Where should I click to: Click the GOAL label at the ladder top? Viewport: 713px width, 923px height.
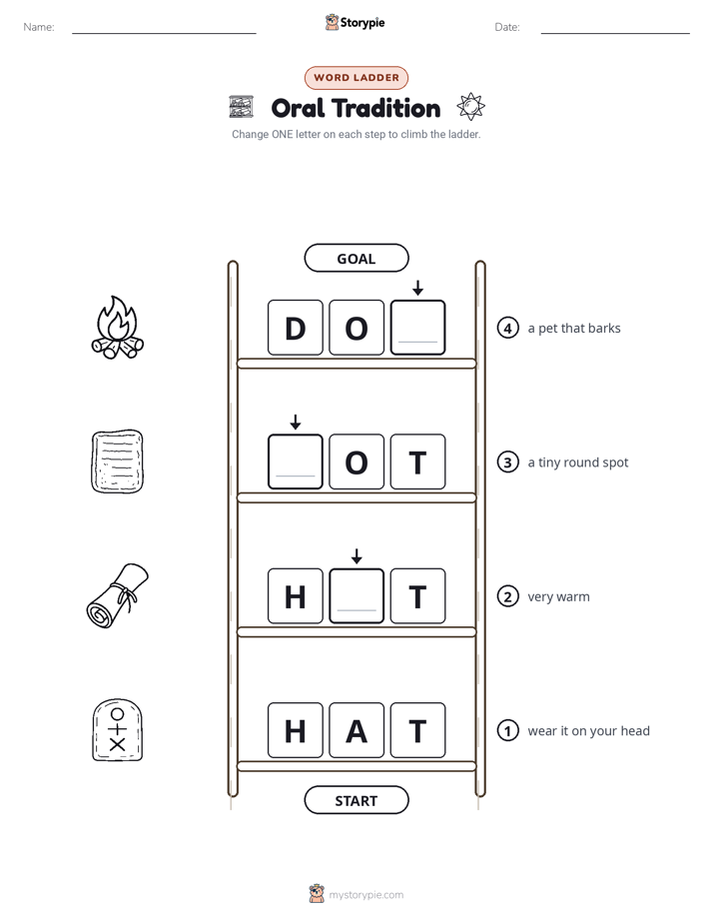point(356,258)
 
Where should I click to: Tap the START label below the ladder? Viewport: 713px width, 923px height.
point(356,800)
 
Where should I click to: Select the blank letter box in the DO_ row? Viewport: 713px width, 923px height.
point(417,328)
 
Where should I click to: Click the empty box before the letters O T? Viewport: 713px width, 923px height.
point(296,461)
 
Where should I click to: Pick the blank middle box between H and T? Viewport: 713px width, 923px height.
point(356,595)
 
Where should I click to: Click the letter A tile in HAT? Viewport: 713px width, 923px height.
point(356,730)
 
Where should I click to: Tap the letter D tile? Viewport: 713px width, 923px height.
point(296,328)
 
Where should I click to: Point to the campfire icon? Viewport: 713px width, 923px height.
point(118,328)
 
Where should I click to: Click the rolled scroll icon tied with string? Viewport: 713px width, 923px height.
point(118,595)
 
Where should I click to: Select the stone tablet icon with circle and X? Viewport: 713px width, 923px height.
point(118,730)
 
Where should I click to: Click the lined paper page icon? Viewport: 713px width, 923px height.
point(118,461)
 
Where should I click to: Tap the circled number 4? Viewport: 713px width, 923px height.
point(507,328)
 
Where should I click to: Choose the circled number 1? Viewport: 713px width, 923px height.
point(507,730)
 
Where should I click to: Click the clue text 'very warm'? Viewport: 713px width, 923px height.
point(558,596)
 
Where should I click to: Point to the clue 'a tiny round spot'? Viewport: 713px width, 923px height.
point(578,462)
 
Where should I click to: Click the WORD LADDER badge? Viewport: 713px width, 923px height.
point(356,78)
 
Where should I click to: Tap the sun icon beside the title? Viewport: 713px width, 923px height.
point(470,107)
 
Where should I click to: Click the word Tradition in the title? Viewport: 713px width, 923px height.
point(385,108)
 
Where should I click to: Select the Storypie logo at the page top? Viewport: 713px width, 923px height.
point(356,22)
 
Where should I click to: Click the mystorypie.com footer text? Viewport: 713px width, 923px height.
point(365,895)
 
